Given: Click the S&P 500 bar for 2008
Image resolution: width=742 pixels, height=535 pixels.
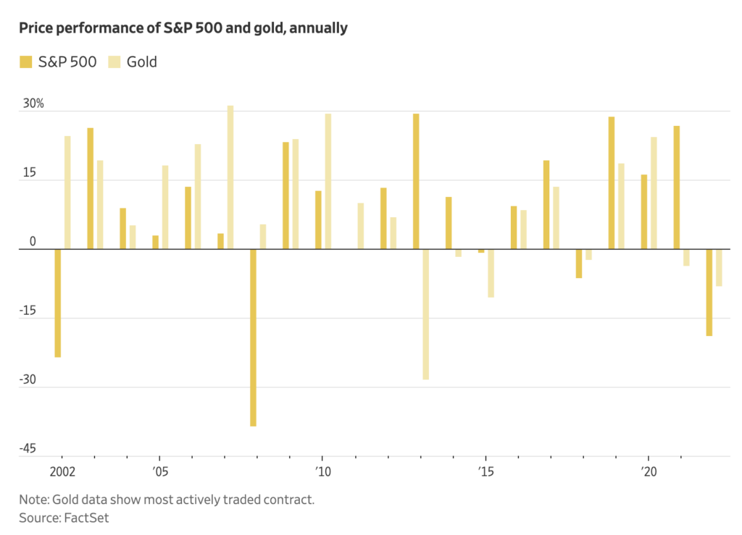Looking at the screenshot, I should click(x=253, y=337).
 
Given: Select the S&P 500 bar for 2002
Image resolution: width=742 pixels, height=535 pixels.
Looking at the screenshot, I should click(x=57, y=303).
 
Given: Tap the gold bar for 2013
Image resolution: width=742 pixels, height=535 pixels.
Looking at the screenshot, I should click(x=426, y=314).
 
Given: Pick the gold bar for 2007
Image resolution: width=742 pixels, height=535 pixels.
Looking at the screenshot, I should click(x=230, y=177).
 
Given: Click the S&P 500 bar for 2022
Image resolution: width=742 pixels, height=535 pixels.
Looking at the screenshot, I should click(x=709, y=292).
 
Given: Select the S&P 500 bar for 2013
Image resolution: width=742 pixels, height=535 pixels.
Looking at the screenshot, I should click(x=416, y=181).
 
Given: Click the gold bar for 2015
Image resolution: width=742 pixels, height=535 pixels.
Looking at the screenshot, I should click(x=491, y=273).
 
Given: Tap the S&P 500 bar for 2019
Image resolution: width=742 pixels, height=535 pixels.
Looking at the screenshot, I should click(x=612, y=182).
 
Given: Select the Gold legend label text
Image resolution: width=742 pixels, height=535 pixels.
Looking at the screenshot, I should click(x=142, y=62).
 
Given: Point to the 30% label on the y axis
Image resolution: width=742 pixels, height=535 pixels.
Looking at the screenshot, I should click(x=33, y=104).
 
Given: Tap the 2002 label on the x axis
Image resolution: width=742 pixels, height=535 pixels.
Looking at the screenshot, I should click(x=62, y=471).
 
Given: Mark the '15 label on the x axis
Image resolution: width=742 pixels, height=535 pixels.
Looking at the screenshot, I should click(x=485, y=471).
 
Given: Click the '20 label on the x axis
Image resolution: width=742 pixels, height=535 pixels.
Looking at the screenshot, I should click(x=648, y=471).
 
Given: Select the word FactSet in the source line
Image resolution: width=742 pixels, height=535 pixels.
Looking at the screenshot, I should click(x=86, y=518).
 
